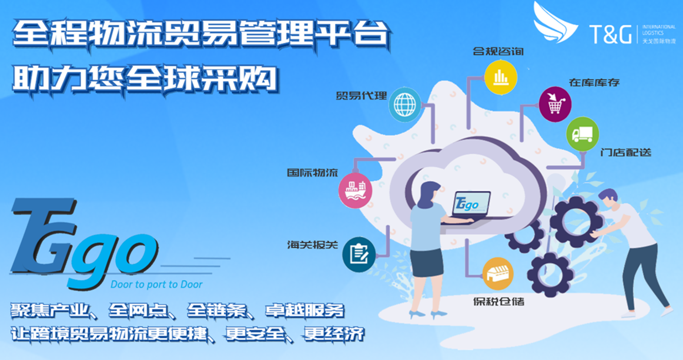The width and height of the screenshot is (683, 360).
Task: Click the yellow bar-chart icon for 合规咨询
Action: coord(500,77)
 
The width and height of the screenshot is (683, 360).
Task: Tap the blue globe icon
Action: coord(405,104)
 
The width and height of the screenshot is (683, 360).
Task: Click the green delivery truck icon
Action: coord(582,134)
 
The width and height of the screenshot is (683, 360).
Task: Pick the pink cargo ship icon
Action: coord(355,191)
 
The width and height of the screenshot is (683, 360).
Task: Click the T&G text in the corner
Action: coord(610,34)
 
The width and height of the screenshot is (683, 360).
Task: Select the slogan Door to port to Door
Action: coord(157,284)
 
